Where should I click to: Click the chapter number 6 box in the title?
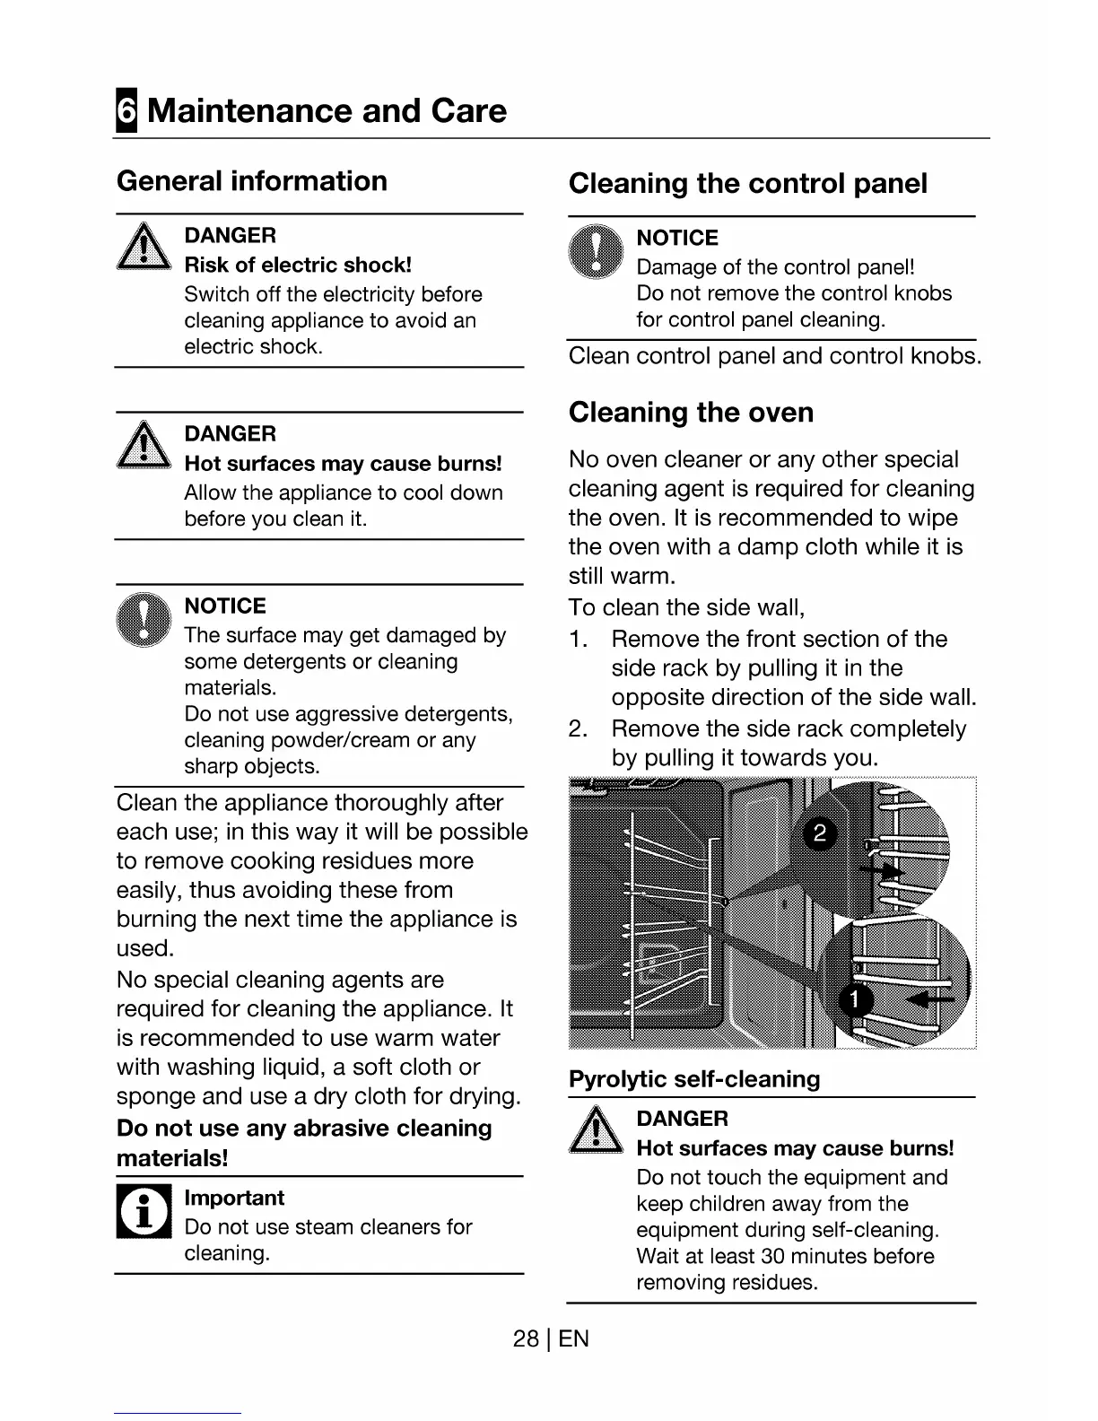(x=126, y=111)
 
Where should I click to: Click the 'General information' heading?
(x=252, y=181)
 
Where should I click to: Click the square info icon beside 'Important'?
(x=144, y=1212)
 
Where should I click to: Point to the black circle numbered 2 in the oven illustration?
(x=819, y=833)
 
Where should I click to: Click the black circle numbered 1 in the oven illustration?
(x=855, y=999)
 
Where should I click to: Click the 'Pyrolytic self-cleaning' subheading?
(x=694, y=1079)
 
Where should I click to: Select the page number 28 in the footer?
(x=526, y=1339)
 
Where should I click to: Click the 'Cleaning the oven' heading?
(x=691, y=413)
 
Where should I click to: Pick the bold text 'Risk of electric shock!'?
(x=298, y=266)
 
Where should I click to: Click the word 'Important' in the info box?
(x=234, y=1199)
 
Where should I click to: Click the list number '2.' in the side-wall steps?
(x=579, y=728)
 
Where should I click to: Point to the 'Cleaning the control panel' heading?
(x=748, y=184)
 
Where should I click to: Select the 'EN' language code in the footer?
(x=574, y=1339)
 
